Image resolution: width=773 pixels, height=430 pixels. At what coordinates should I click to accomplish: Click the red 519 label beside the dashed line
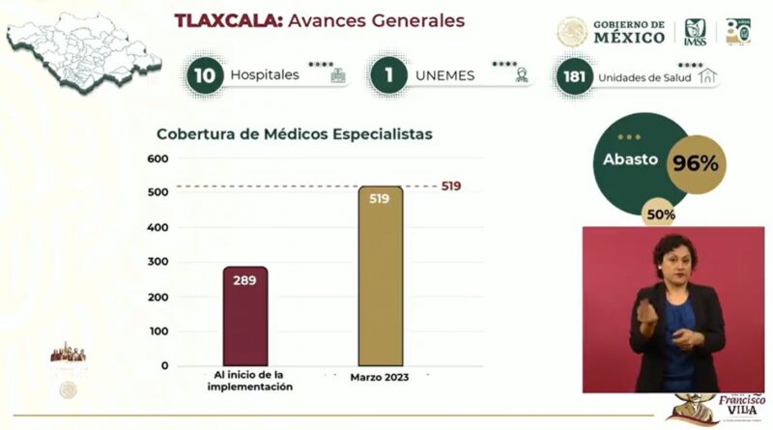tap(450, 186)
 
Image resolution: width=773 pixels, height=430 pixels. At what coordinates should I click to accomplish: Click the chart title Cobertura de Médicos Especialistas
tap(295, 134)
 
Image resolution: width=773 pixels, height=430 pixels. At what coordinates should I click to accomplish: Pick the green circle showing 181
tap(574, 76)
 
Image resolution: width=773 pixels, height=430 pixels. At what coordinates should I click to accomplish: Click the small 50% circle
tap(662, 214)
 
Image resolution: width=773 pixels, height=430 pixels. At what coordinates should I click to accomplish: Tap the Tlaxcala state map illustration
tap(82, 48)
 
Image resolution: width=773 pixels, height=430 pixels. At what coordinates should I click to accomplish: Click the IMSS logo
tap(696, 32)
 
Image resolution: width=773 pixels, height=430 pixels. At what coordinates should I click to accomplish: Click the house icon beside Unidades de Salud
tap(708, 76)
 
